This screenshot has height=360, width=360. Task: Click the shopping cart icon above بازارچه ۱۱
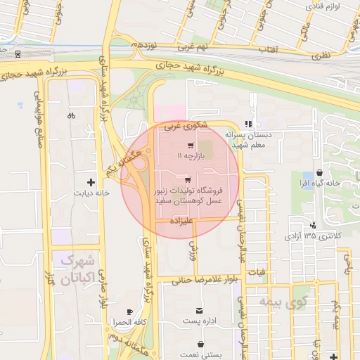(191, 145)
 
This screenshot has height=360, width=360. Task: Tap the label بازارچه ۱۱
(191, 155)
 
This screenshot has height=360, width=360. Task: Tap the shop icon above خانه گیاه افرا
(319, 172)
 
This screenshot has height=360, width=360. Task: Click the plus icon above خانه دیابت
(90, 182)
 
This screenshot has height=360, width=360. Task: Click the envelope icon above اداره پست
(200, 310)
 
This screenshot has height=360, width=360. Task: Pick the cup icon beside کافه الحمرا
(129, 311)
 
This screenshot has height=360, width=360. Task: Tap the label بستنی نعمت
(202, 355)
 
